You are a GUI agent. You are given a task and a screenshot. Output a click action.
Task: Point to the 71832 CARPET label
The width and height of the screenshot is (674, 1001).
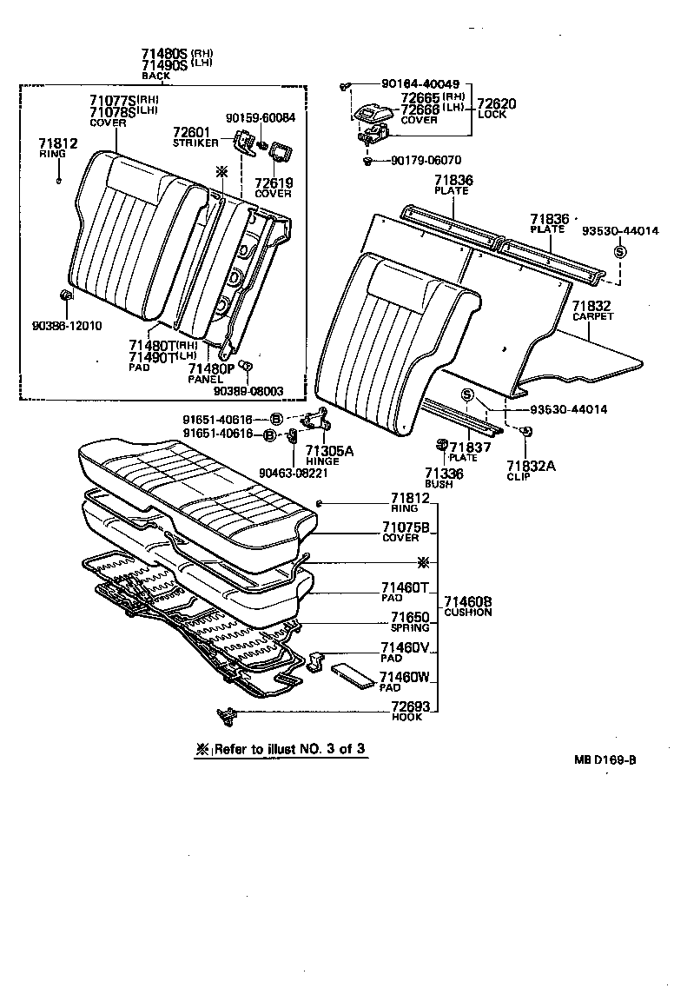click(592, 311)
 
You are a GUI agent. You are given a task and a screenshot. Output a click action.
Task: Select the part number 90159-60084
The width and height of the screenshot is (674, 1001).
click(260, 117)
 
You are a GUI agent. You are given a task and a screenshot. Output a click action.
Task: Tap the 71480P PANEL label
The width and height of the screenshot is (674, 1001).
click(211, 374)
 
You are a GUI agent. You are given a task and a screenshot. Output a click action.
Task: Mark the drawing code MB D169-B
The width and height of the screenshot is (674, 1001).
click(605, 759)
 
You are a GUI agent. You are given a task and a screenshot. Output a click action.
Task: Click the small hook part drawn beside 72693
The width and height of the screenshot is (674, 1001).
click(228, 716)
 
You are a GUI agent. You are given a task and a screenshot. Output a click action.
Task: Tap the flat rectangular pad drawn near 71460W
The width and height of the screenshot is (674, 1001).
click(352, 676)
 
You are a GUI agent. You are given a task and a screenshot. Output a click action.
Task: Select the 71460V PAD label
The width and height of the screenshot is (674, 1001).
click(405, 653)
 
